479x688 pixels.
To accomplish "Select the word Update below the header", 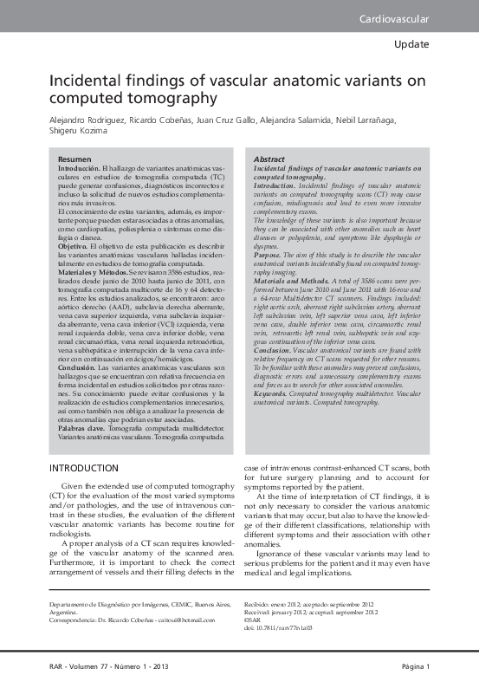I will (x=411, y=43).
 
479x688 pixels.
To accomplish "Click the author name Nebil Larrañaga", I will (x=394, y=119).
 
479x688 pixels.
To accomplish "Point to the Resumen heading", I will (x=74, y=161).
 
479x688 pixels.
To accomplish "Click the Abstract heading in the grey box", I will (x=269, y=161).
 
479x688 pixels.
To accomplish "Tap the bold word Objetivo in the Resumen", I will (x=74, y=246).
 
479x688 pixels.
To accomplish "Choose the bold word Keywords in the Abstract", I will (x=274, y=393).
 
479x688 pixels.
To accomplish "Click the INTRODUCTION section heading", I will (x=84, y=468).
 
